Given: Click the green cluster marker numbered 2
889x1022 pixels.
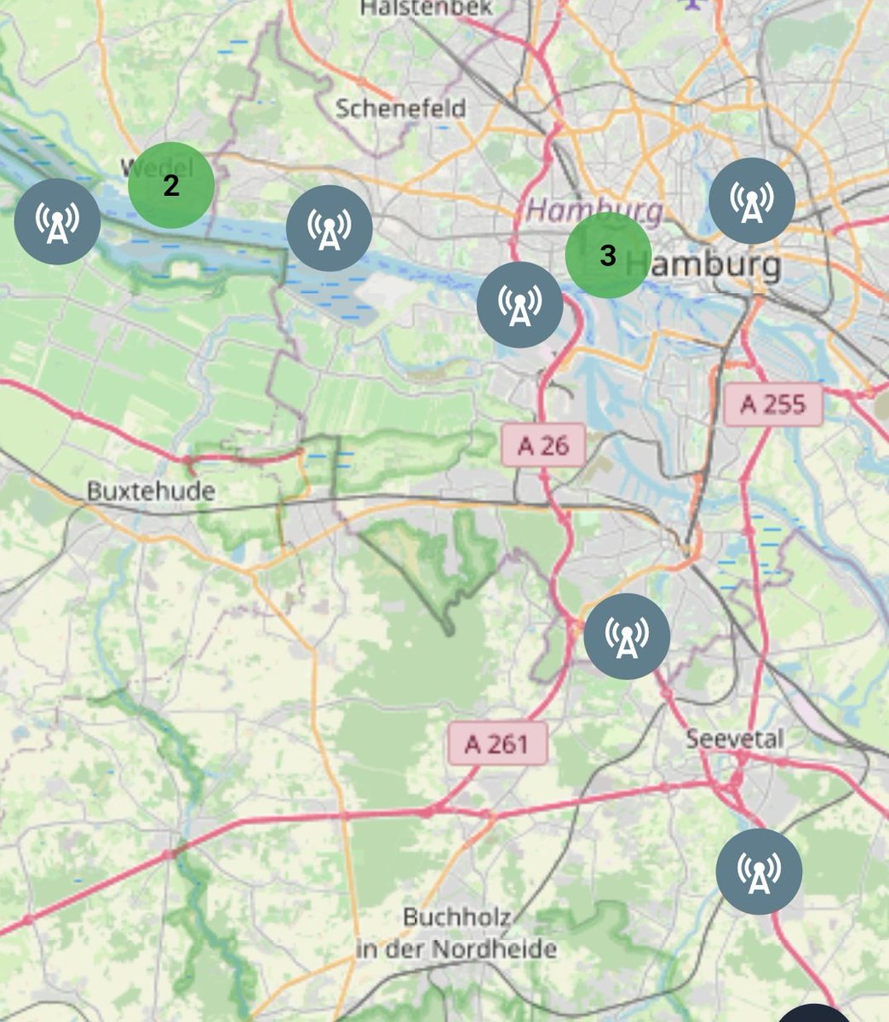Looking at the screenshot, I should [170, 185].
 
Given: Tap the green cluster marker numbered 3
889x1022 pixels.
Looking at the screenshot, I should [608, 255].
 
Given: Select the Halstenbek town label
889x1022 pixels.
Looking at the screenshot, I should [427, 8].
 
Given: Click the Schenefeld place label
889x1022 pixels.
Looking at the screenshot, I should [400, 109].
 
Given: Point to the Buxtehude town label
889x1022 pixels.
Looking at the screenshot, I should [151, 491].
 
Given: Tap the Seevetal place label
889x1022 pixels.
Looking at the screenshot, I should [735, 738].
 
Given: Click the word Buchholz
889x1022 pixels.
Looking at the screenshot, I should [456, 918].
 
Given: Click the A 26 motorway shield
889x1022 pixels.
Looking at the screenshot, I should [543, 445].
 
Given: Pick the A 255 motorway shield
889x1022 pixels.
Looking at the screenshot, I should [773, 404].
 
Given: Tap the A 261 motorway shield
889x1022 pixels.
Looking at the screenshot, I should [497, 744].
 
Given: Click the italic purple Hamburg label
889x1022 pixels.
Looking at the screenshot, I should [594, 209].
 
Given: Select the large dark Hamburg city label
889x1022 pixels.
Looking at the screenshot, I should [714, 264].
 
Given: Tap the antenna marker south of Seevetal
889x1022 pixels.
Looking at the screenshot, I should [759, 871].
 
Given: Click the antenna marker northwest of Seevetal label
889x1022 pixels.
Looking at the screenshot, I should [627, 636].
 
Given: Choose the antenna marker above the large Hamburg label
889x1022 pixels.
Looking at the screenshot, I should [752, 201].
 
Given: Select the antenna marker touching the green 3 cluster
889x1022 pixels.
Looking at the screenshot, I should [519, 305].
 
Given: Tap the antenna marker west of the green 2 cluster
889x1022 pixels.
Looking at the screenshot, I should [58, 221].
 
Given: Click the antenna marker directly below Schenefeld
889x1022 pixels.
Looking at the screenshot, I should [329, 228].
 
